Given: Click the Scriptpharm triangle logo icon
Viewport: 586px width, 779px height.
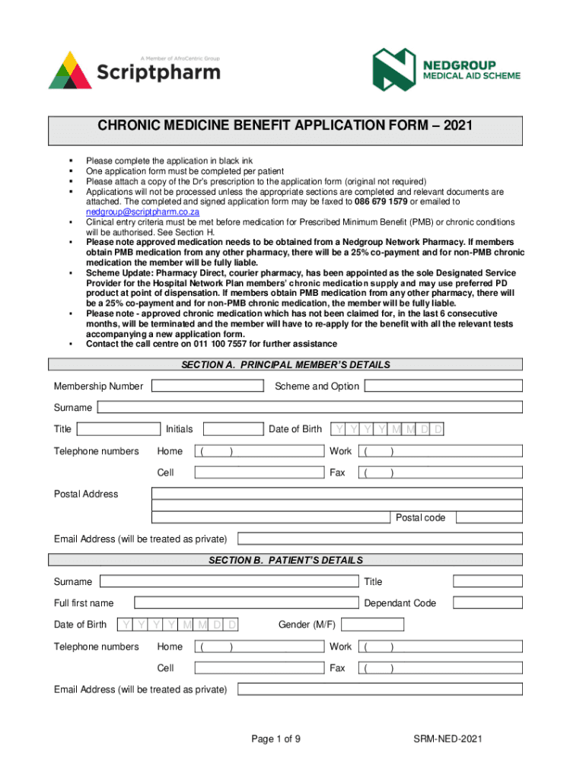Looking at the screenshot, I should [x=70, y=70].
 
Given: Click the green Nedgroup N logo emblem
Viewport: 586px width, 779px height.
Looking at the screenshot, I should [x=394, y=69].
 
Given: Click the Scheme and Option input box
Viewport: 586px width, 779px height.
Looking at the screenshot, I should [x=443, y=386].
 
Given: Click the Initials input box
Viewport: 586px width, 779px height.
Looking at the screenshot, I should [x=233, y=429].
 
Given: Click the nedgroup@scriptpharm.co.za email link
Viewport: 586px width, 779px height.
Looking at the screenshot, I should [x=142, y=212].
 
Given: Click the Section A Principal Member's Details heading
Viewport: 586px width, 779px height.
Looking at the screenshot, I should [x=285, y=365].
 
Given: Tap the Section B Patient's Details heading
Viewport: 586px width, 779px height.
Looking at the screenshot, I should [x=285, y=561].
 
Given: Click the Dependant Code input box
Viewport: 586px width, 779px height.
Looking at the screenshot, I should [x=488, y=603].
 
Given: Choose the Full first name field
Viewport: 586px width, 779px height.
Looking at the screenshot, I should [x=246, y=603].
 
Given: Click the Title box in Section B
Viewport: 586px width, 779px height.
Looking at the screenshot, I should [x=488, y=581].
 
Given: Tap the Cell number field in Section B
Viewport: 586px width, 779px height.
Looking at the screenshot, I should [x=260, y=668].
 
